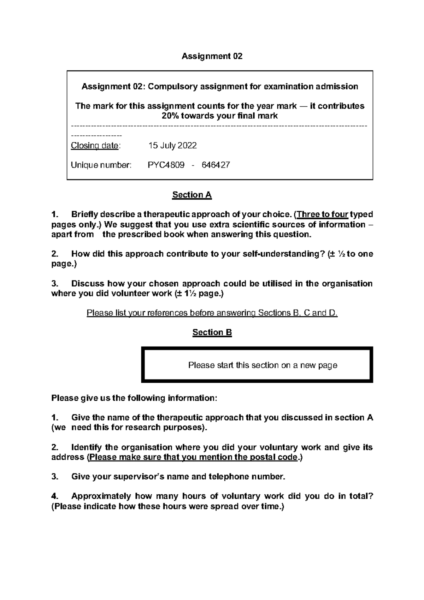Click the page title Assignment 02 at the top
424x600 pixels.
[x=212, y=56]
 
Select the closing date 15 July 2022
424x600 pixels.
[x=172, y=146]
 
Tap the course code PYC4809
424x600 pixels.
[x=166, y=165]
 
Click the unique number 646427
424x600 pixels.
[x=216, y=165]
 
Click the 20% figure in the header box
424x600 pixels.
[x=170, y=116]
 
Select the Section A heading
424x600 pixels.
[x=192, y=195]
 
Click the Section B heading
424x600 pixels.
[x=212, y=333]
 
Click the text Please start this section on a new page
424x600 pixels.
[x=263, y=365]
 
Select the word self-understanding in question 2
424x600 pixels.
[x=281, y=254]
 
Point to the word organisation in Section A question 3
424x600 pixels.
[x=347, y=284]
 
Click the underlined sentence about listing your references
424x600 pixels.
[x=212, y=313]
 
